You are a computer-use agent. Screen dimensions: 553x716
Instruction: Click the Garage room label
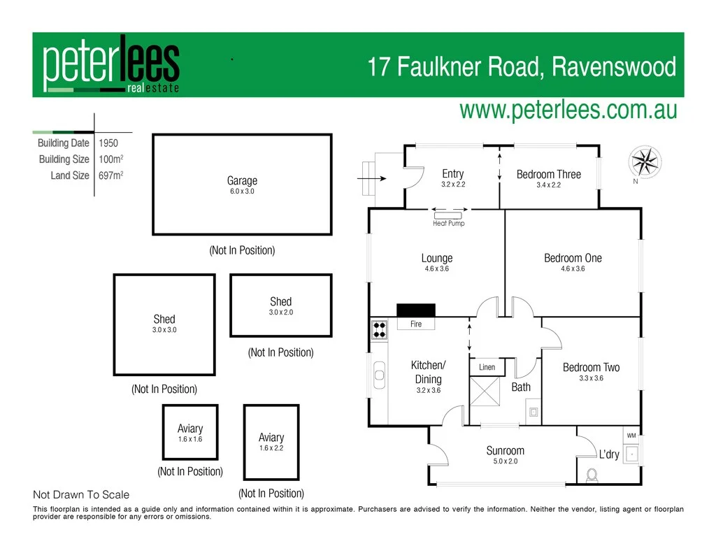(x=242, y=180)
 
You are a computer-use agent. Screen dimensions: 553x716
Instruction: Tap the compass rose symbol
(x=646, y=161)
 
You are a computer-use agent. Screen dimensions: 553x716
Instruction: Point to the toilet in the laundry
(x=592, y=476)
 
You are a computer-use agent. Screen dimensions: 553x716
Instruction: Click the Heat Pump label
(x=448, y=224)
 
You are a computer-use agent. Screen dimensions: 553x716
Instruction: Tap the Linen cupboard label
(x=487, y=367)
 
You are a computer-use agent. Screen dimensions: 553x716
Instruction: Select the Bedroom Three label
(x=548, y=174)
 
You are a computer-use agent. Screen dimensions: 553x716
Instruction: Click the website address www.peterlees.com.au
(x=568, y=109)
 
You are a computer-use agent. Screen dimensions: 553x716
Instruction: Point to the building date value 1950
(x=108, y=143)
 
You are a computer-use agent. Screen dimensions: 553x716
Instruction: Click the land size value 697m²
(x=110, y=175)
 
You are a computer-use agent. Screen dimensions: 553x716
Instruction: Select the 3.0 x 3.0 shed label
(x=164, y=329)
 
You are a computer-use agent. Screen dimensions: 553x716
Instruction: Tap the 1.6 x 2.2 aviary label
(x=271, y=448)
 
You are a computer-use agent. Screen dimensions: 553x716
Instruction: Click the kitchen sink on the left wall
(x=379, y=375)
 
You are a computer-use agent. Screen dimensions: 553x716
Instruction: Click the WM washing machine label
(x=631, y=436)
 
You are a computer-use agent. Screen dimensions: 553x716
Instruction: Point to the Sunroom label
(x=505, y=450)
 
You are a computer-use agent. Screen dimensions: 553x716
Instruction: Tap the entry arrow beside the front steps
(x=371, y=178)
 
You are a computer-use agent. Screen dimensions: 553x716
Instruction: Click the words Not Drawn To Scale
(x=81, y=495)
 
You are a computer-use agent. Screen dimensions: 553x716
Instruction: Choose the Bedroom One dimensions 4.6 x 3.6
(x=573, y=268)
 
